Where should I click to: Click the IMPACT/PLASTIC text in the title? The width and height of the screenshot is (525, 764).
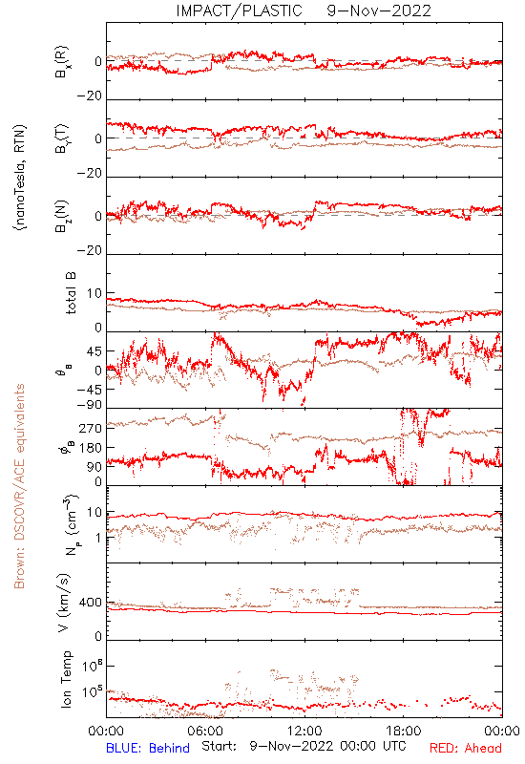coord(240,11)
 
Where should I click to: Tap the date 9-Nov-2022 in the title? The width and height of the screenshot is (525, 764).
coord(379,11)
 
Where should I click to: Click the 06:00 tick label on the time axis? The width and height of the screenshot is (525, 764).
coord(205,731)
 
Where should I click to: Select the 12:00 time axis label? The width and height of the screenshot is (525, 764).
coord(304,731)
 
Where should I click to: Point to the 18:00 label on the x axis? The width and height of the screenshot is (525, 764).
coord(404,731)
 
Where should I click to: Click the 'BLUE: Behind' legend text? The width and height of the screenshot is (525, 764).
coord(148,748)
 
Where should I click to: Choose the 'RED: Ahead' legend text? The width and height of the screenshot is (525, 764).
coord(466,748)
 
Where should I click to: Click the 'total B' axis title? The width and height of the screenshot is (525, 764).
coord(70,293)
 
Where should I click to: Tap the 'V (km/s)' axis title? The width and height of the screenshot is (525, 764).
coord(64,603)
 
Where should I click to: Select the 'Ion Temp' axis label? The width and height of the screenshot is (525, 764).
coord(66,679)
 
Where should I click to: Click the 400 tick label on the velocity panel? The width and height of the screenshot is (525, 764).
coord(91,603)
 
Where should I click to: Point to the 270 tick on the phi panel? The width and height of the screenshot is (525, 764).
coord(91,428)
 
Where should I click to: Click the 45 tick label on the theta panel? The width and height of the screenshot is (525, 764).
coord(93,351)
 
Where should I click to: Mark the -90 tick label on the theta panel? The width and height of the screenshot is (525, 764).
coord(89,405)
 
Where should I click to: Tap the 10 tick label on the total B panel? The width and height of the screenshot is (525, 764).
coord(94,294)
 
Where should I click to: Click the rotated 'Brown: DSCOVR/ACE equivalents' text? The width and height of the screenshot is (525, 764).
coord(19,486)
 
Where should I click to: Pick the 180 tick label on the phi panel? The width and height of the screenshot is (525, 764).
coord(91,448)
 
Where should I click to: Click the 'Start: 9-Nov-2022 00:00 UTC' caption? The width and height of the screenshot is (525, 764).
coord(304,746)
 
